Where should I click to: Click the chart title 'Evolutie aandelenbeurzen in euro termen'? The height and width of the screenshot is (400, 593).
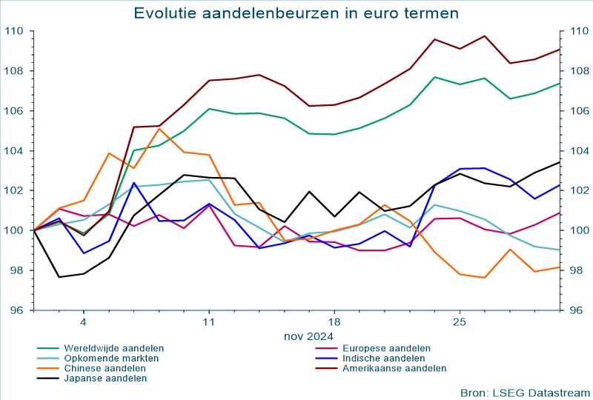pos(296,13)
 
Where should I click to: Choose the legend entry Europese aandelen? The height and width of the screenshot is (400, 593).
pos(383,347)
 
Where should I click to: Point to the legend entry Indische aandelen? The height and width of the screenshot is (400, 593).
pos(382,358)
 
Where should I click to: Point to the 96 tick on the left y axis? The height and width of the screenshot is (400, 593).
pos(16,310)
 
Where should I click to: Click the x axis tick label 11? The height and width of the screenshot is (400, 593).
pos(209,322)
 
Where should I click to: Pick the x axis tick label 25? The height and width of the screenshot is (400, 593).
pos(460,322)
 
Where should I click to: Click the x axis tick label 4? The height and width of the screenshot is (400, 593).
pos(84,322)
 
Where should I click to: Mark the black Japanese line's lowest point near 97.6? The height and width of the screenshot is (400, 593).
pos(59,277)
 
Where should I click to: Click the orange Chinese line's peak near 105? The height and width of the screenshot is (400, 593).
pos(159,129)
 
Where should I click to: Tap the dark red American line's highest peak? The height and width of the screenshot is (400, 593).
pos(485,36)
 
